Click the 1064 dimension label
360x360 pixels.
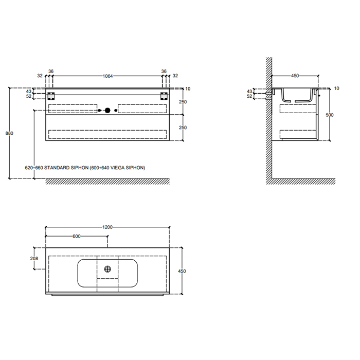point(107,76)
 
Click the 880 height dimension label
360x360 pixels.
point(9,133)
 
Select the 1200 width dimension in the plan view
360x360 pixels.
point(107,227)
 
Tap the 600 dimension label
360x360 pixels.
point(77,236)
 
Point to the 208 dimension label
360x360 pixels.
point(34,259)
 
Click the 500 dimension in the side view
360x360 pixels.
point(330,115)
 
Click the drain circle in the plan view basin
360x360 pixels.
point(107,269)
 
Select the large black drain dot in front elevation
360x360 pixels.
point(107,111)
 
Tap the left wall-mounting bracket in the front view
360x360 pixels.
point(51,96)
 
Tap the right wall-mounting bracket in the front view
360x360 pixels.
point(164,96)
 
